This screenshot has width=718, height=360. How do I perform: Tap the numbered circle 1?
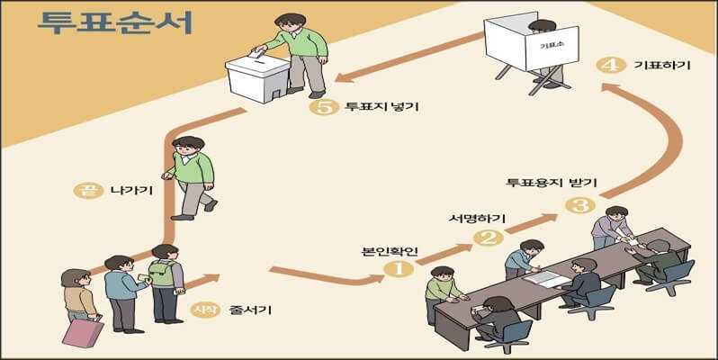point(399,267)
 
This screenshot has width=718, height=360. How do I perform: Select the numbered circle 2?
point(488,238)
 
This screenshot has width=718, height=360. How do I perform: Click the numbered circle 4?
point(611,66)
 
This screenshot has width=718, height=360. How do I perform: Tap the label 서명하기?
point(477,219)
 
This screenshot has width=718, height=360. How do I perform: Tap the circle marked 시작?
point(202,311)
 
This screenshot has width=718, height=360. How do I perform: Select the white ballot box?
point(257,78)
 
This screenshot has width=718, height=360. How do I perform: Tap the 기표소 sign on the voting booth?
point(546,43)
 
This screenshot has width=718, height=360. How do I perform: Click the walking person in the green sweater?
point(190,176)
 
